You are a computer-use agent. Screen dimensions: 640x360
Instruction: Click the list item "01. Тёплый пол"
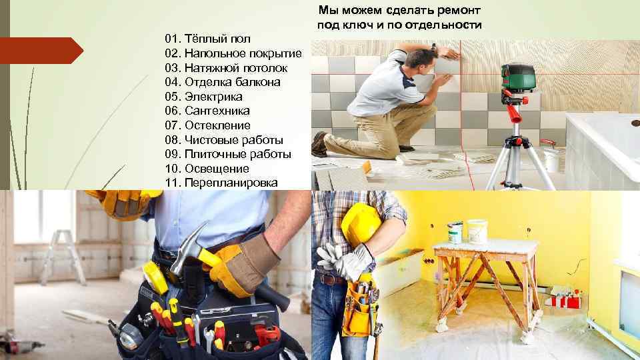[207, 39]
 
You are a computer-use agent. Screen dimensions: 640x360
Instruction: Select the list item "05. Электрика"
[203, 97]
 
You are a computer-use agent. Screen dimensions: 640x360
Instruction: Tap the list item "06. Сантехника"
[207, 111]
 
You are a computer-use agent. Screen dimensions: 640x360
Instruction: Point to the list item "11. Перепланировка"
[221, 183]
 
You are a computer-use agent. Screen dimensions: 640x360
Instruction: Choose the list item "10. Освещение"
[207, 169]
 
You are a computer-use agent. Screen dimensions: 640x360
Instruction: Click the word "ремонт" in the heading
[457, 10]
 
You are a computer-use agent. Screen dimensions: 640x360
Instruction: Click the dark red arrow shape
[41, 51]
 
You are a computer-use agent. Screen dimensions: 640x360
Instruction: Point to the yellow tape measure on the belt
[155, 277]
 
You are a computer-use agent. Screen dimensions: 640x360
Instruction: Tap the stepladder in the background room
[62, 257]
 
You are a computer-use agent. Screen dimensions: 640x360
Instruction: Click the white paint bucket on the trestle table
[477, 231]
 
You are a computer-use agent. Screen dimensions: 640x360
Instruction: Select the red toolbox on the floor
[565, 301]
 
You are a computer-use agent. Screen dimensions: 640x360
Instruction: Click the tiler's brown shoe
[319, 145]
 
